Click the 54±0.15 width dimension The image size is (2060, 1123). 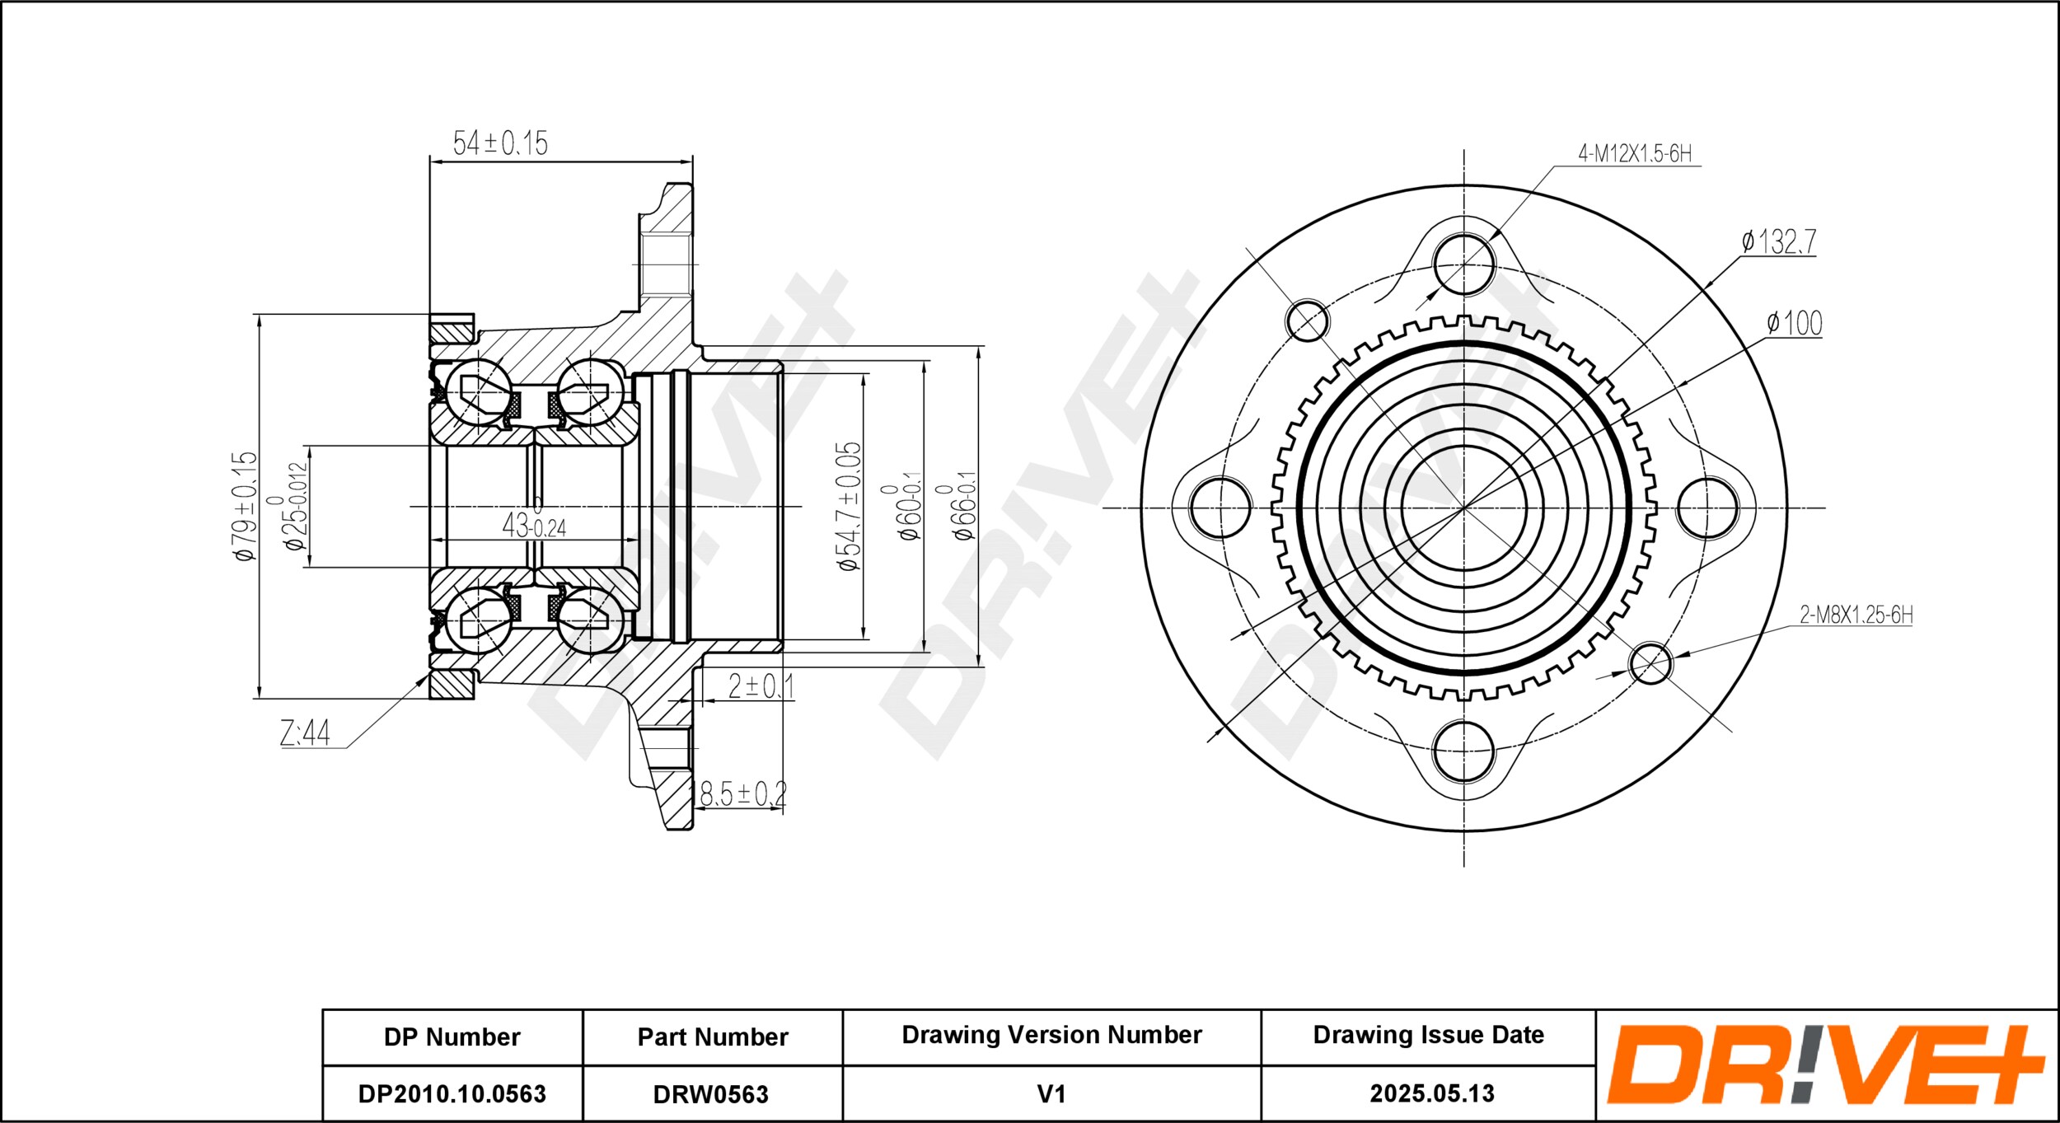click(x=500, y=143)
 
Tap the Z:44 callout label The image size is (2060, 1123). click(x=305, y=732)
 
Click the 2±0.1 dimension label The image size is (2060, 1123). click(x=761, y=685)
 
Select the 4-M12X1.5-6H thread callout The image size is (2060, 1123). click(x=1635, y=153)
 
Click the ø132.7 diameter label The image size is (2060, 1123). click(x=1778, y=241)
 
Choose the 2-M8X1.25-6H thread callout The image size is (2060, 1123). click(x=1856, y=615)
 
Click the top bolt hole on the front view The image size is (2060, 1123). click(x=1463, y=264)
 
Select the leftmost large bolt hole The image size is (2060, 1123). click(x=1220, y=508)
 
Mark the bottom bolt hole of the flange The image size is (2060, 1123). click(x=1463, y=751)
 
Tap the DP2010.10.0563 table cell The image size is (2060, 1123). click(x=452, y=1093)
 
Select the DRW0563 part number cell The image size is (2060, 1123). click(x=711, y=1094)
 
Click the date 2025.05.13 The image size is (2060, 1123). click(x=1432, y=1093)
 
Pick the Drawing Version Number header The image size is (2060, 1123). click(x=1051, y=1035)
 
